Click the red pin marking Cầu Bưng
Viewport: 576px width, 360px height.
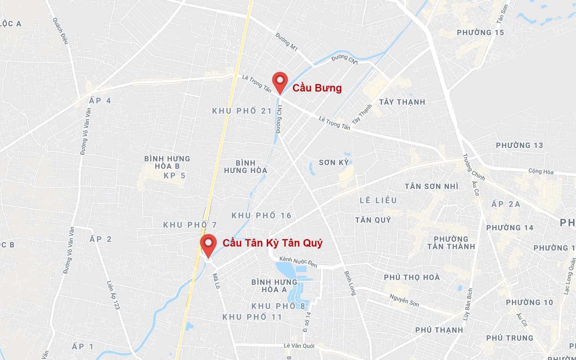coord(280,81)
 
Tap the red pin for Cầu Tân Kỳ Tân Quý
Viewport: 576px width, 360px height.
coord(208,244)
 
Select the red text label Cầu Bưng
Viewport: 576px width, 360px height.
coord(317,88)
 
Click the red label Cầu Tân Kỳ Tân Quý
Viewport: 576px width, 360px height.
coord(272,243)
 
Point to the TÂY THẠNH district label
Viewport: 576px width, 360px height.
coord(402,102)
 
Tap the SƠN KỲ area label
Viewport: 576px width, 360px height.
coord(334,163)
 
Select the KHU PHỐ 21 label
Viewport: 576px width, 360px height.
coord(242,111)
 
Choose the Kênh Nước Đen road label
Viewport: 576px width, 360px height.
coord(298,262)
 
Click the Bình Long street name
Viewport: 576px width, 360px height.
coord(350,283)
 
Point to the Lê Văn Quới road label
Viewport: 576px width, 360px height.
coord(299,346)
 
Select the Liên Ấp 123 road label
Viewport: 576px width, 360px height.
coord(113,295)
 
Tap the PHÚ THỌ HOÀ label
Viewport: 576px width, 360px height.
coord(412,277)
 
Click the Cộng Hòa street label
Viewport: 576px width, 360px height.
coord(541,172)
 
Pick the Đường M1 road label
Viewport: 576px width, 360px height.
coord(286,42)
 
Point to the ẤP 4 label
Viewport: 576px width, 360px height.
coord(100,101)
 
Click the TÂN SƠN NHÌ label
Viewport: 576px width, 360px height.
coord(432,186)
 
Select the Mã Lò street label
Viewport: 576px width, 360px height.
coord(216,281)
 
